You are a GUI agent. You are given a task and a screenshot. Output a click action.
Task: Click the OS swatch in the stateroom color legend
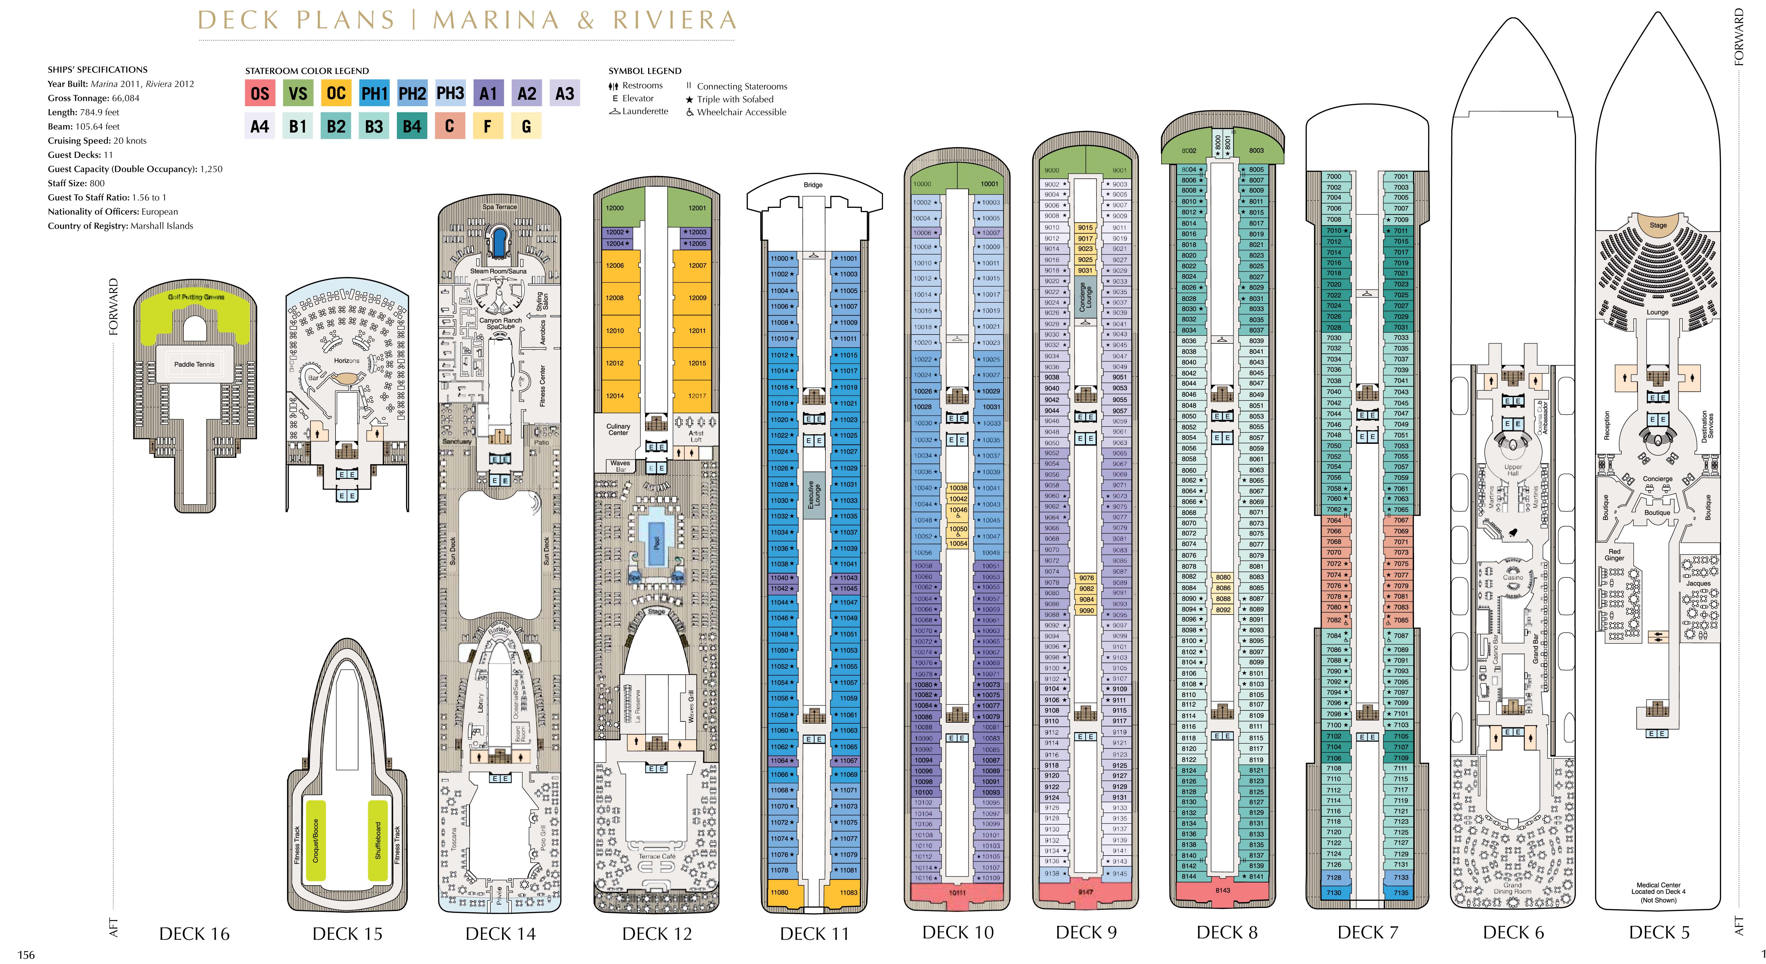pyautogui.click(x=260, y=93)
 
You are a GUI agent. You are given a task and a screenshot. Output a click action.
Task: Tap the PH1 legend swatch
pyautogui.click(x=374, y=93)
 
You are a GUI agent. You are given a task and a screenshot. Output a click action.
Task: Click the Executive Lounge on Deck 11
pyautogui.click(x=814, y=494)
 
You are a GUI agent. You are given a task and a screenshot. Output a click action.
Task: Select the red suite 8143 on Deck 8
pyautogui.click(x=1223, y=890)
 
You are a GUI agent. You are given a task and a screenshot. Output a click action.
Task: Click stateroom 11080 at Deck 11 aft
pyautogui.click(x=779, y=892)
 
